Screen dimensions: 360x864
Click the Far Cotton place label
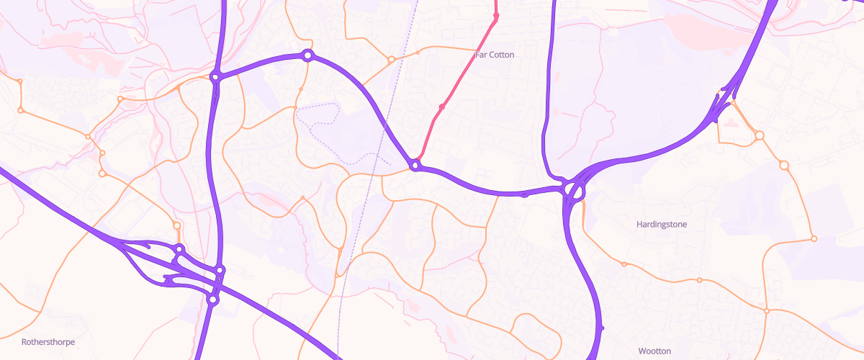point(495,55)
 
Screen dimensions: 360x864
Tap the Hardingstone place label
point(662,225)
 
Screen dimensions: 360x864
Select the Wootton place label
point(654,351)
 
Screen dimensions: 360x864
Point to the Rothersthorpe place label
point(48,342)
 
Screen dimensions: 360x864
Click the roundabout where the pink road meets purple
point(415,166)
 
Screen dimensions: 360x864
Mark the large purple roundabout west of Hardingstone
point(575,192)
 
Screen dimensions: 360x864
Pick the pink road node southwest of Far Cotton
point(442,107)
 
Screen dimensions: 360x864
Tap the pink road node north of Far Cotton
point(496,16)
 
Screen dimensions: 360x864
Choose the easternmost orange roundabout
point(814,239)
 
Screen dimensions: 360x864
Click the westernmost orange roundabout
point(21,110)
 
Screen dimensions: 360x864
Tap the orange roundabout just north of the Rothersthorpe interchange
point(177,226)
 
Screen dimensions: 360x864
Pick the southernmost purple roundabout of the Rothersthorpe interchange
point(212,299)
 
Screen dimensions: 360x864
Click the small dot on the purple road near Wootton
point(601,328)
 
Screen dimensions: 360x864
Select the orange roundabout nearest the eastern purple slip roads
point(758,135)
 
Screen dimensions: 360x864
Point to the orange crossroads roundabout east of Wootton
point(767,311)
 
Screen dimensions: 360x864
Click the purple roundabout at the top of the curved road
point(307,55)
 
